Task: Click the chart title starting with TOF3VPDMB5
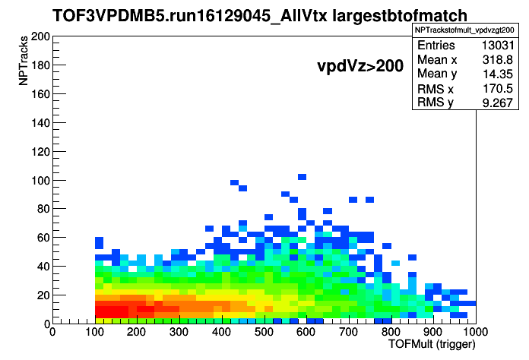click(260, 15)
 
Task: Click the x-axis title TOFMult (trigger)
click(432, 344)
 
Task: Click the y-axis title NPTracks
click(23, 61)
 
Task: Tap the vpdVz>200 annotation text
click(360, 66)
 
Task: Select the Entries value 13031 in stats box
click(498, 45)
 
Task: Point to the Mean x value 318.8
click(498, 60)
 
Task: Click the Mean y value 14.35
click(498, 74)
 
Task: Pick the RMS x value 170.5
click(498, 88)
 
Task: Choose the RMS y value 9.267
click(498, 103)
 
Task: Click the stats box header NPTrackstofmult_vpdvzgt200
click(464, 30)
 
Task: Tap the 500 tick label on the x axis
click(264, 332)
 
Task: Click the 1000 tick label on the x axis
click(475, 332)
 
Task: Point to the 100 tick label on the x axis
click(94, 332)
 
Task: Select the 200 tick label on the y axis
click(40, 36)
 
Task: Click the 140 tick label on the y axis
click(40, 123)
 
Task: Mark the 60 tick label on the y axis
click(44, 238)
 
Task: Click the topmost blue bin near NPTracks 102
click(302, 177)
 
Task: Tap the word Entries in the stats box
click(436, 45)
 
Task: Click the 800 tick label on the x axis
click(391, 332)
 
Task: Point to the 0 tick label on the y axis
click(47, 324)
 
